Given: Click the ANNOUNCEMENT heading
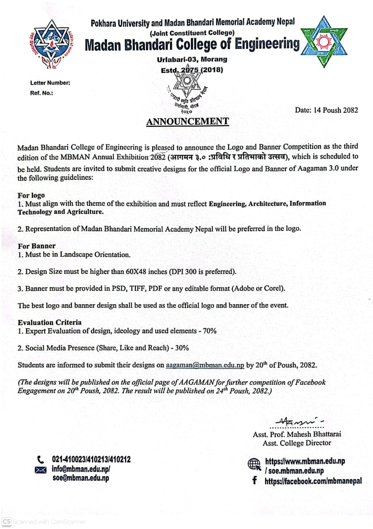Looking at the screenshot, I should click(187, 121).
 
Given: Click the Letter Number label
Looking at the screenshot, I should click(50, 83).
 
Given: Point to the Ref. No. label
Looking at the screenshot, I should click(41, 93).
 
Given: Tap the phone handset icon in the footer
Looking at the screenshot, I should click(40, 459).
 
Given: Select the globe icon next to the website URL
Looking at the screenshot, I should click(253, 464).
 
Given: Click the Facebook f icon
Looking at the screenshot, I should click(254, 481).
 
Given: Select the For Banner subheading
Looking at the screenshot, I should click(36, 246).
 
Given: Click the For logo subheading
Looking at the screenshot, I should click(31, 195).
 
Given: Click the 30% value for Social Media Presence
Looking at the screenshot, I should click(182, 348).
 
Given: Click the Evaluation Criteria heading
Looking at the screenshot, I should click(50, 322).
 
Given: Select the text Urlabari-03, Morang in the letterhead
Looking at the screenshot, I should click(192, 60).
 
